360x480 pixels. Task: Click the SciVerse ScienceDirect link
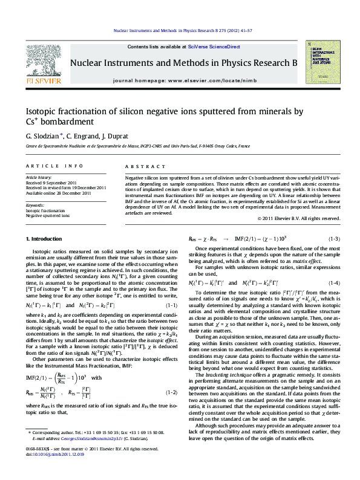214,47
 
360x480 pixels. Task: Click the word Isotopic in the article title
42,111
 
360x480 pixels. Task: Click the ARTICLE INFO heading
54,165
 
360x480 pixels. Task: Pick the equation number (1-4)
332,283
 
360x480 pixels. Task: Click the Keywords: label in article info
36,205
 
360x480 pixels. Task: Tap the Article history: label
39,178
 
